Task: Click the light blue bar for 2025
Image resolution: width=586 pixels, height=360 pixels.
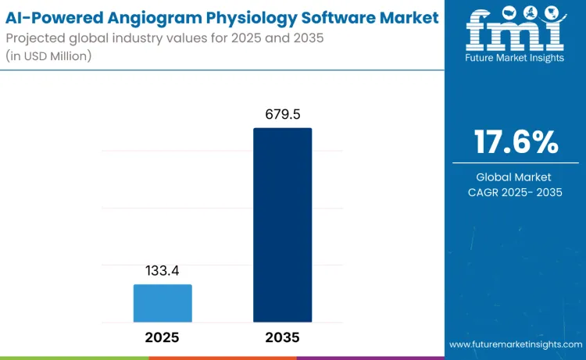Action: pyautogui.click(x=163, y=303)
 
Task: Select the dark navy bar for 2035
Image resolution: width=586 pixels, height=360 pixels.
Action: pyautogui.click(x=282, y=225)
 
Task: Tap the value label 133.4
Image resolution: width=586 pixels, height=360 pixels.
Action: pyautogui.click(x=163, y=271)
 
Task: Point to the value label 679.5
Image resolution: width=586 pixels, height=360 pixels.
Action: pyautogui.click(x=282, y=115)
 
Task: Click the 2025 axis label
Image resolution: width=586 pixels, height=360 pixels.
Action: pyautogui.click(x=163, y=337)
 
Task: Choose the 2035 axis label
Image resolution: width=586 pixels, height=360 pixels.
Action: pyautogui.click(x=282, y=337)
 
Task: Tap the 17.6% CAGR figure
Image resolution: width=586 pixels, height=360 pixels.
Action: pyautogui.click(x=516, y=142)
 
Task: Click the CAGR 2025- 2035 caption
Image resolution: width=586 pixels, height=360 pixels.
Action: pyautogui.click(x=516, y=192)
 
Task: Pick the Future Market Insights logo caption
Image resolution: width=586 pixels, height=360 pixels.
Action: pyautogui.click(x=515, y=58)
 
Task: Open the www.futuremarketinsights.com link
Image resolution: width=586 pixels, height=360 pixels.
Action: pyautogui.click(x=515, y=344)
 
